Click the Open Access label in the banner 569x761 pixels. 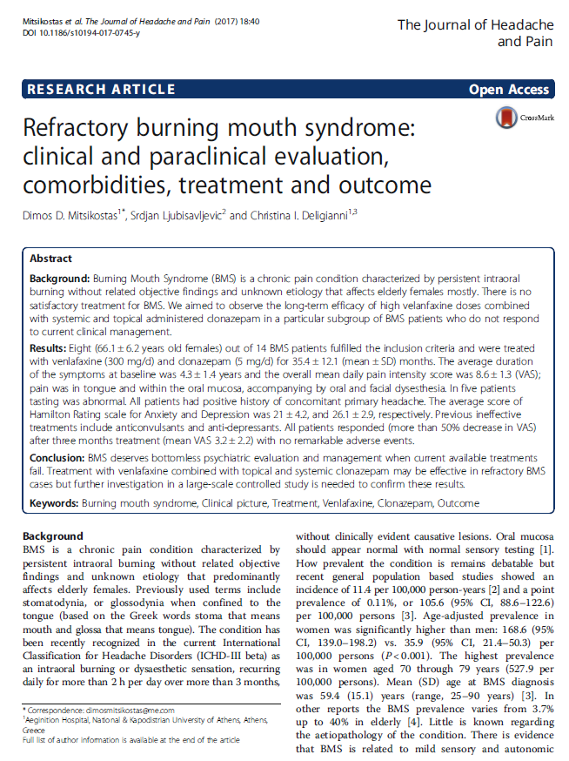[509, 89]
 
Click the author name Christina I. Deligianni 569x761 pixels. [296, 214]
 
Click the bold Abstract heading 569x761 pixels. [51, 259]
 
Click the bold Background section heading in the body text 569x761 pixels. [53, 536]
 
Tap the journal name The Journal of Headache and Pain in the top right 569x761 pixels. [473, 33]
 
